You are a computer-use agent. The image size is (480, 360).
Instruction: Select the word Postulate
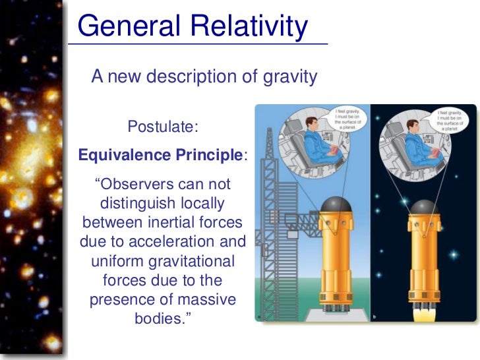(x=162, y=126)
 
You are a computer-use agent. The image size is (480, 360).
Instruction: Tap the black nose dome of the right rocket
(x=423, y=209)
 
